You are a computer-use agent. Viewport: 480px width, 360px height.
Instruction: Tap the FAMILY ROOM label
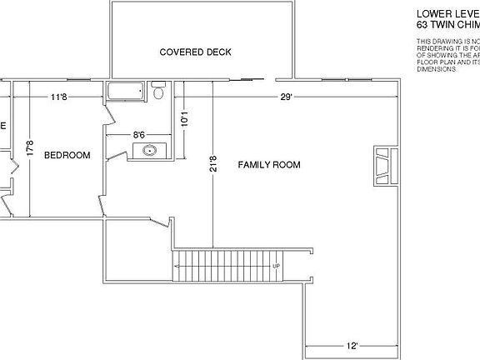[x=269, y=165]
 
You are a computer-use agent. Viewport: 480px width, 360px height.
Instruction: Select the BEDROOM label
[x=67, y=155]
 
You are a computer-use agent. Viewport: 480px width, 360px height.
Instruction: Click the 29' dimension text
[x=286, y=97]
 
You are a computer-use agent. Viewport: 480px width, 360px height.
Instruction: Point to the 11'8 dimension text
[x=58, y=97]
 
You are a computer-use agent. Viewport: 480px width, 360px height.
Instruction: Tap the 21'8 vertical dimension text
[x=213, y=165]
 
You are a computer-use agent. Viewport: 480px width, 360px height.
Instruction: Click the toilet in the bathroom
[x=158, y=92]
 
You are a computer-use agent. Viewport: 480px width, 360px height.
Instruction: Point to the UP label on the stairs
[x=275, y=267]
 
